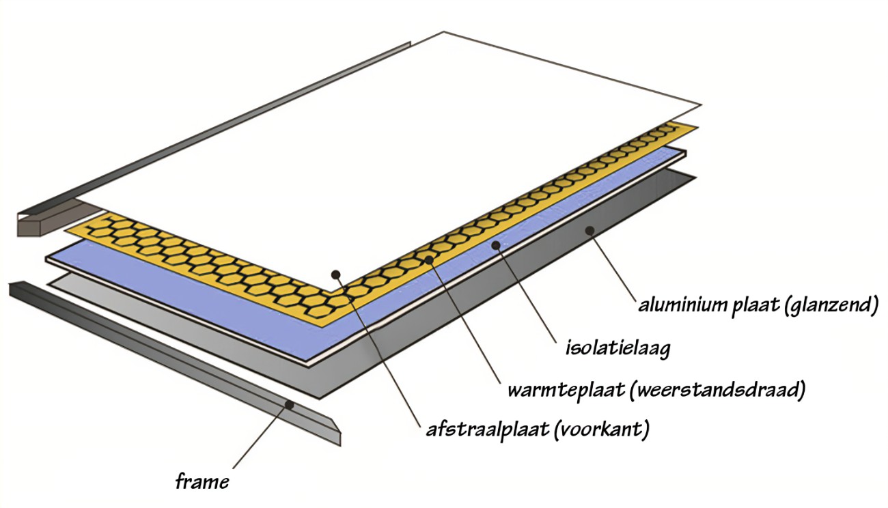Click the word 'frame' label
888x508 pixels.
[x=202, y=482]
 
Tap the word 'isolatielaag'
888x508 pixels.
[x=618, y=349]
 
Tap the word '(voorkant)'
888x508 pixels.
[x=602, y=430]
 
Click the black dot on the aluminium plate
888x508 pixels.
[x=589, y=230]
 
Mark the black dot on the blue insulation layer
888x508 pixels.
[x=495, y=245]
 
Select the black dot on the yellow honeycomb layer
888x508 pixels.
[x=429, y=260]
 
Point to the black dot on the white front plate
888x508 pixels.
[x=336, y=274]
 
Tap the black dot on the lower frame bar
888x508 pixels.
[x=290, y=405]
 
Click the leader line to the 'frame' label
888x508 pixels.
[x=261, y=437]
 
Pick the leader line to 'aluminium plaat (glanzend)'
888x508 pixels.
[x=613, y=266]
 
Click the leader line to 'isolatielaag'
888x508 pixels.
[x=525, y=293]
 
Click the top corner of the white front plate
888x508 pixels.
[x=443, y=31]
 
